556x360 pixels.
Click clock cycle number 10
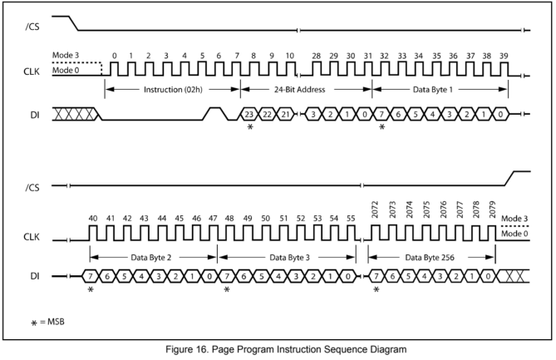point(289,55)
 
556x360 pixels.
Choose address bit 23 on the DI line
point(248,113)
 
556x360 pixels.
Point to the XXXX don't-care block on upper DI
point(76,112)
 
